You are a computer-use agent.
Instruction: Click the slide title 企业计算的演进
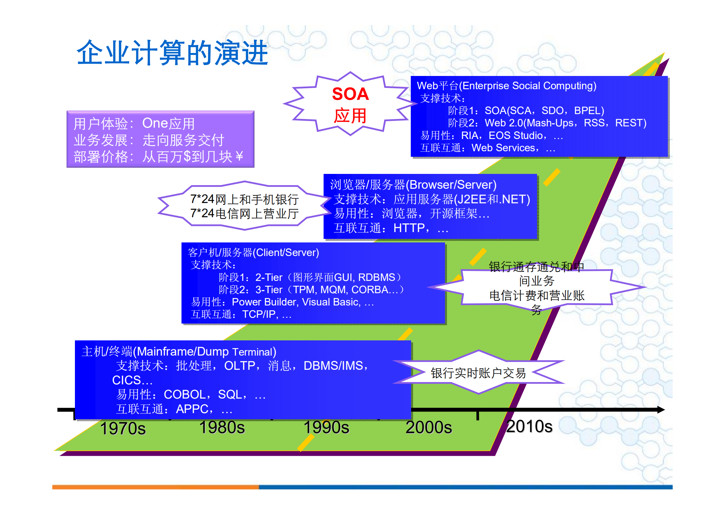pos(172,53)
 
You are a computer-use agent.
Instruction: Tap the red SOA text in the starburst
pos(350,94)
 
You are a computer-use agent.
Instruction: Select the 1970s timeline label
pos(123,429)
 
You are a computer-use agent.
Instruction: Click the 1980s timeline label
pos(222,427)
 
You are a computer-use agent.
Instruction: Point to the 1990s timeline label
pos(326,427)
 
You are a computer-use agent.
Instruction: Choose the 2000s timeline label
pos(429,427)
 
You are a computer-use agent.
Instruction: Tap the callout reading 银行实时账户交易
pos(478,373)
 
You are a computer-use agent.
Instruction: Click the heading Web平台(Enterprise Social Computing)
pos(506,86)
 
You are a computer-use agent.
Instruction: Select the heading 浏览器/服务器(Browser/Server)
pos(413,185)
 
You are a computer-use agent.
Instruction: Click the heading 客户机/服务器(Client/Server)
pos(253,252)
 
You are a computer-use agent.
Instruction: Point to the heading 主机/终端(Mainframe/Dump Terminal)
pos(179,351)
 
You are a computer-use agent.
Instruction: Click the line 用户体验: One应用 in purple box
pos(134,123)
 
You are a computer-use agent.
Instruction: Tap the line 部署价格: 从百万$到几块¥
pos(158,157)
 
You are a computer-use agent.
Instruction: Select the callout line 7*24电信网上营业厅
pos(244,214)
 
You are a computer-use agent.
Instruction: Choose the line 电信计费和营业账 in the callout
pos(537,295)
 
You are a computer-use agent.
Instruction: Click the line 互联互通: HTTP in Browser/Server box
pos(391,228)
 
